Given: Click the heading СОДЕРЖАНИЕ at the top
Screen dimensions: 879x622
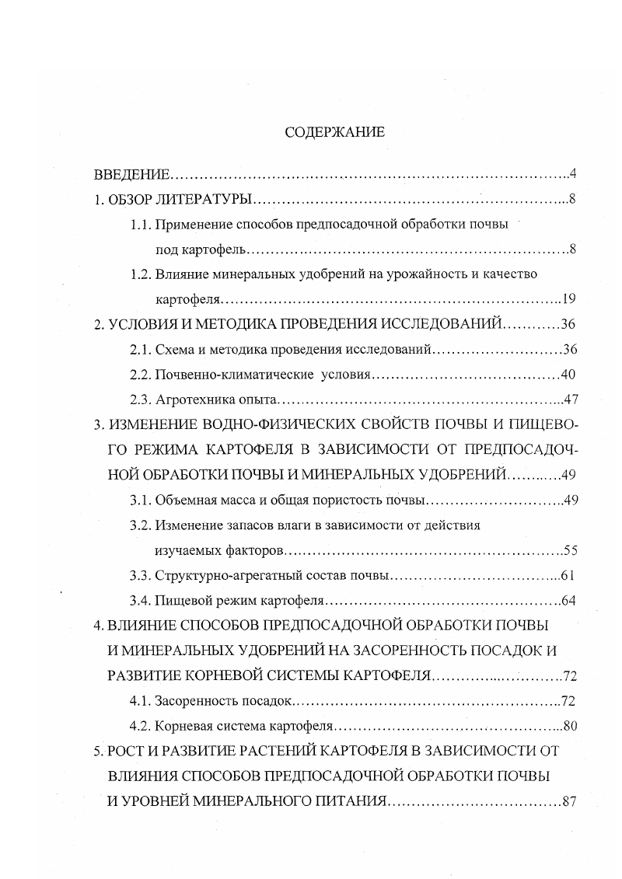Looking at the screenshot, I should (334, 133).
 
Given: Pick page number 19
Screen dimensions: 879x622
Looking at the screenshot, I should (568, 298).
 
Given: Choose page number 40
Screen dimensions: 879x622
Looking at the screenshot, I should (568, 375).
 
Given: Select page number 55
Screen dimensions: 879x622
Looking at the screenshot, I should (569, 551).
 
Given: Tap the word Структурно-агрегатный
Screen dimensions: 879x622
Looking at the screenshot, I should (222, 576).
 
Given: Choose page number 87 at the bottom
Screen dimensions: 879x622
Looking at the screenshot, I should (568, 801).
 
